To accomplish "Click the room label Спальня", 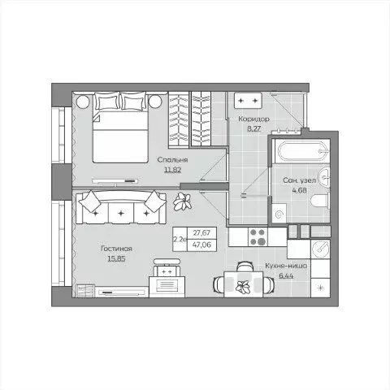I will (171, 161).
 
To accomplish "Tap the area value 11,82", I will (171, 171).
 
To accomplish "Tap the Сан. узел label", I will (300, 180).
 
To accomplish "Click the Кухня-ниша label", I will (285, 266).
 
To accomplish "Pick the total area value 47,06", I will (197, 242).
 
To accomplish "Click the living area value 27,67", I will (197, 232).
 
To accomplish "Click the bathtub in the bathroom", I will (301, 149).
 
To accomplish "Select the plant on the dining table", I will (241, 285).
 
